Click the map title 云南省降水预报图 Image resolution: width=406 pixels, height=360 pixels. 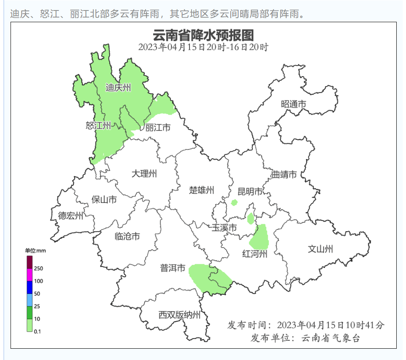[x=203, y=35]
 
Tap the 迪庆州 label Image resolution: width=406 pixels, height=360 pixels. [x=118, y=87]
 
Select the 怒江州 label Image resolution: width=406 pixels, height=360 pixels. [x=98, y=126]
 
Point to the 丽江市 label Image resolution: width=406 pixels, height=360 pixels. [x=158, y=128]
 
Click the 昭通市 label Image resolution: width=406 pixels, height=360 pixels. [x=294, y=104]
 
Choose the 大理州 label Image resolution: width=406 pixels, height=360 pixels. [x=144, y=174]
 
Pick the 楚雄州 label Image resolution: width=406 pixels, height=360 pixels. [x=202, y=190]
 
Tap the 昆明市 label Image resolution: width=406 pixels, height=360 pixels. [x=250, y=192]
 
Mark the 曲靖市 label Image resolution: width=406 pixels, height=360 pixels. [x=284, y=175]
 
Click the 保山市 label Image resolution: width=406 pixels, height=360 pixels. [x=104, y=199]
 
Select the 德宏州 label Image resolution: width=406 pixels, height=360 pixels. [x=71, y=216]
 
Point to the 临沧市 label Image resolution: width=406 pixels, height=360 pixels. [x=127, y=236]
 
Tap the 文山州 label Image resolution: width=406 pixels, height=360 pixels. [x=321, y=249]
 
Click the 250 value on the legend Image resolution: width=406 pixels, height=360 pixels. [x=39, y=268]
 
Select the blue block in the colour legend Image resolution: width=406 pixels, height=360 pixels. [x=29, y=287]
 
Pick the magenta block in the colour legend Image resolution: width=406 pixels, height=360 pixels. [x=29, y=275]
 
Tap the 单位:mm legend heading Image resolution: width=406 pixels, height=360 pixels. [x=35, y=251]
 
